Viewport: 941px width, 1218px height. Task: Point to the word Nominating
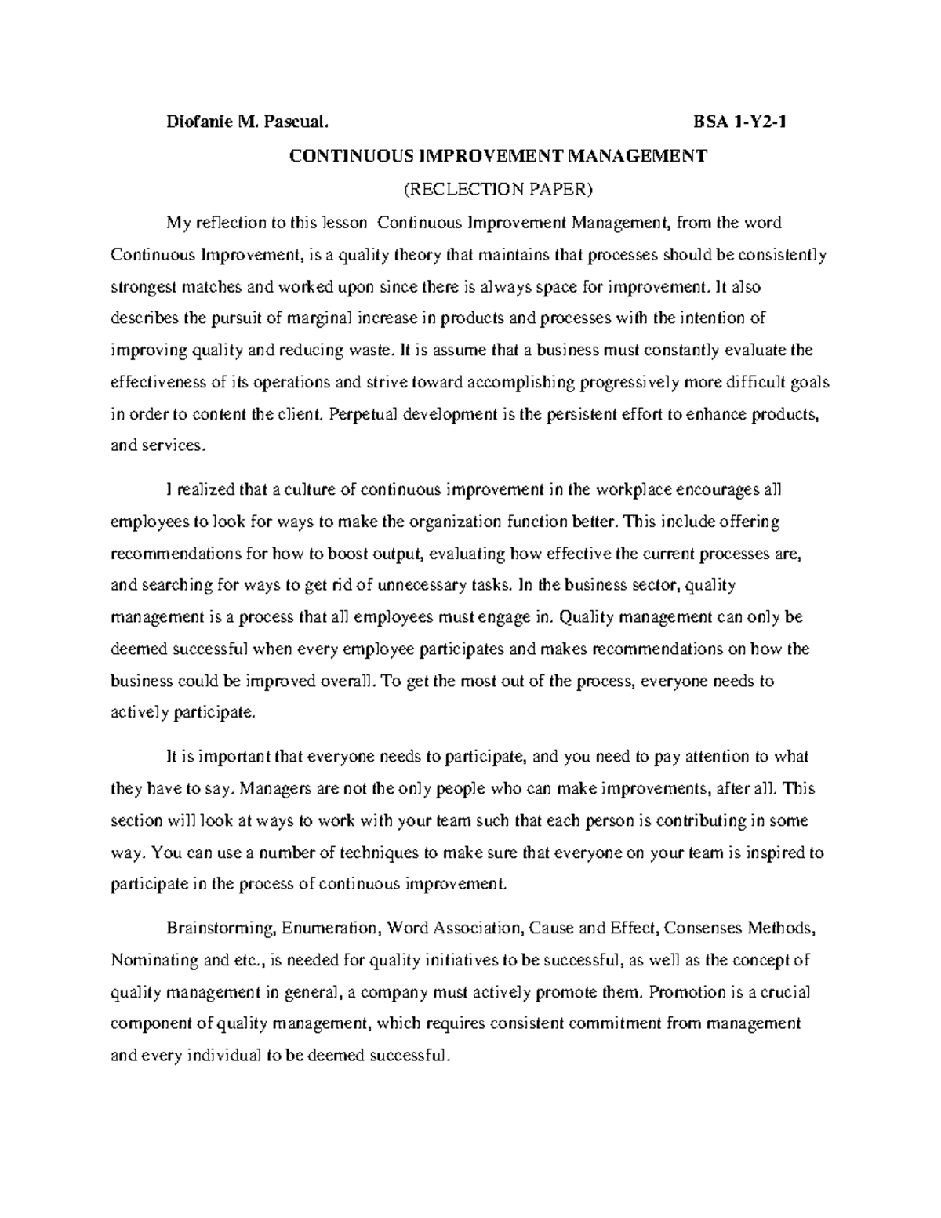click(x=154, y=961)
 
